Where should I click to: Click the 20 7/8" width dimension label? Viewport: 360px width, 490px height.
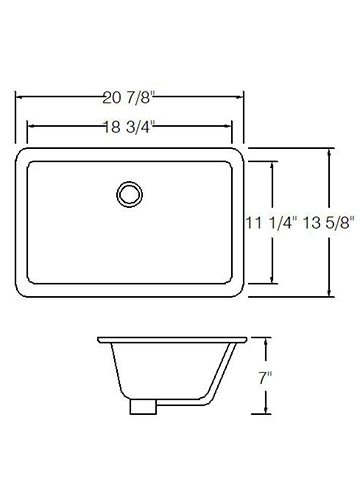coord(129,98)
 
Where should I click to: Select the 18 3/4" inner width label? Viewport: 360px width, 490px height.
coord(129,127)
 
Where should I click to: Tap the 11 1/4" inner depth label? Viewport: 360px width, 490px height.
coord(271,223)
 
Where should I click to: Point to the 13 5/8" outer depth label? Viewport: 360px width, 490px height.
coord(327,223)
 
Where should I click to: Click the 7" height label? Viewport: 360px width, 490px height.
coord(265,378)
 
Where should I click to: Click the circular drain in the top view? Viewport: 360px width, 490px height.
coord(130,194)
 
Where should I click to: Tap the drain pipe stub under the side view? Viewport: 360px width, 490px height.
coord(143,407)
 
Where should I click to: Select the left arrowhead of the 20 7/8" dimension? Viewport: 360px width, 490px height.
coord(19,97)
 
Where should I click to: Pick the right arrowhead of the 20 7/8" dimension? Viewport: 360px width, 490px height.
coord(239,97)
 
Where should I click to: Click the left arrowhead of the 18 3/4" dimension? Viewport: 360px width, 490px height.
coord(31,126)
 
